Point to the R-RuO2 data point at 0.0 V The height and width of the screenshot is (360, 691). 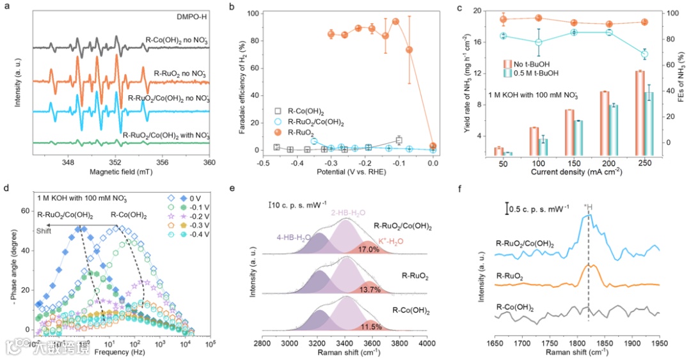433,146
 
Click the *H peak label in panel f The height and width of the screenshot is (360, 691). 589,207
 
